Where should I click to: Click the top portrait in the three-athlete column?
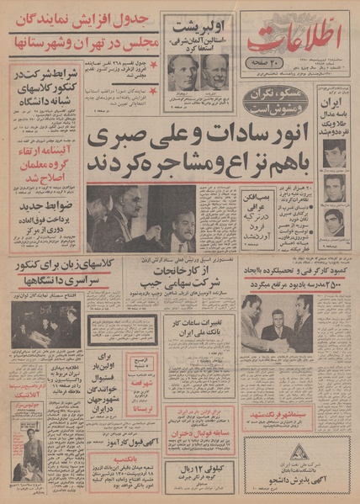tap(336, 157)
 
